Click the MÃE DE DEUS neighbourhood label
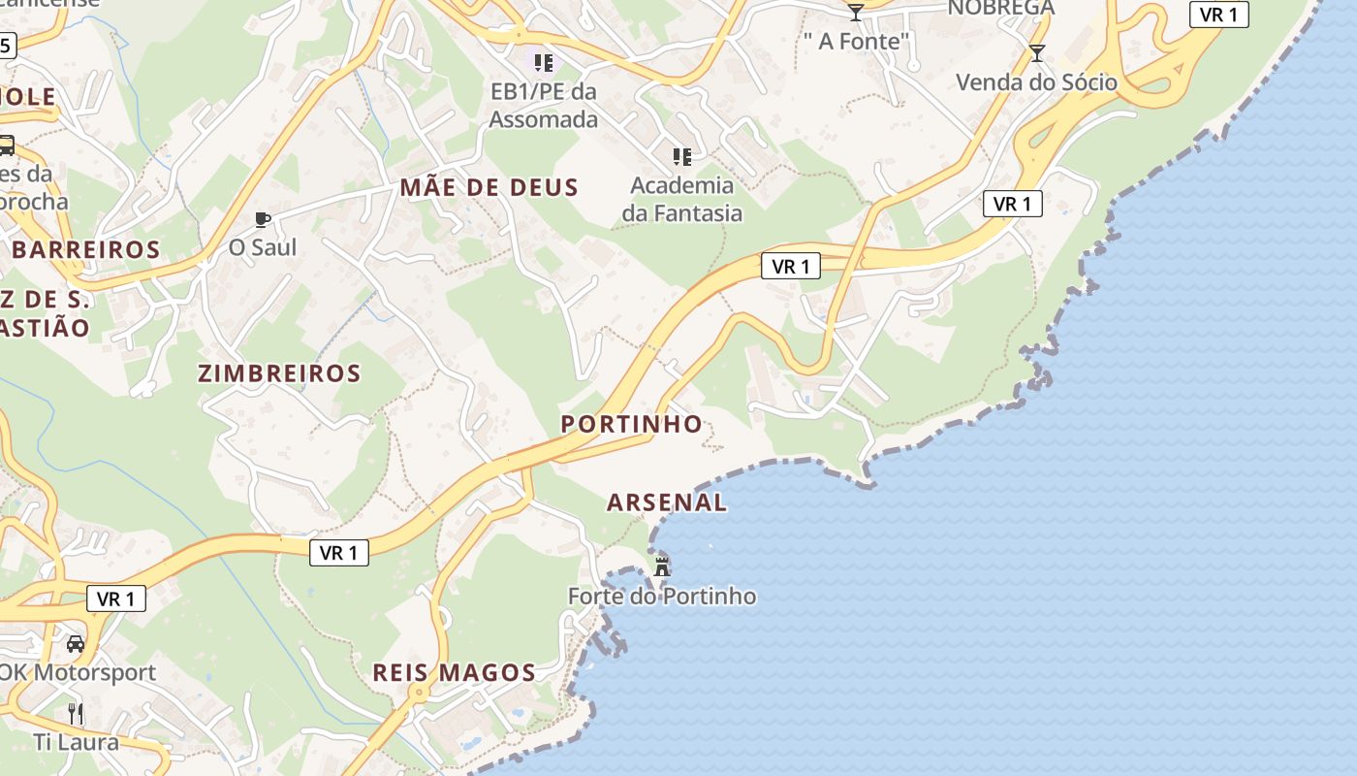489,188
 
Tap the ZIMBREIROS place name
279,373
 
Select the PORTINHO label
632,424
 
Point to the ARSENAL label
667,502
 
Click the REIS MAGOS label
454,672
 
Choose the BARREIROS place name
85,249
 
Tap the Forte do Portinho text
662,597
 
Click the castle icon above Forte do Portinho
663,566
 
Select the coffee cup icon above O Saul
262,219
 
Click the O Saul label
262,247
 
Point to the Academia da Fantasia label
682,199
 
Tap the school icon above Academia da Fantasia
682,156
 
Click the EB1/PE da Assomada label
543,105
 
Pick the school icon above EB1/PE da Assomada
544,63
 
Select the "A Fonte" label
858,42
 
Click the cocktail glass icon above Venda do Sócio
1037,53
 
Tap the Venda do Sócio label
1037,82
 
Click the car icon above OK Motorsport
76,643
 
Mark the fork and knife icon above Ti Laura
76,714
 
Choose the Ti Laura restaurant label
76,743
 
